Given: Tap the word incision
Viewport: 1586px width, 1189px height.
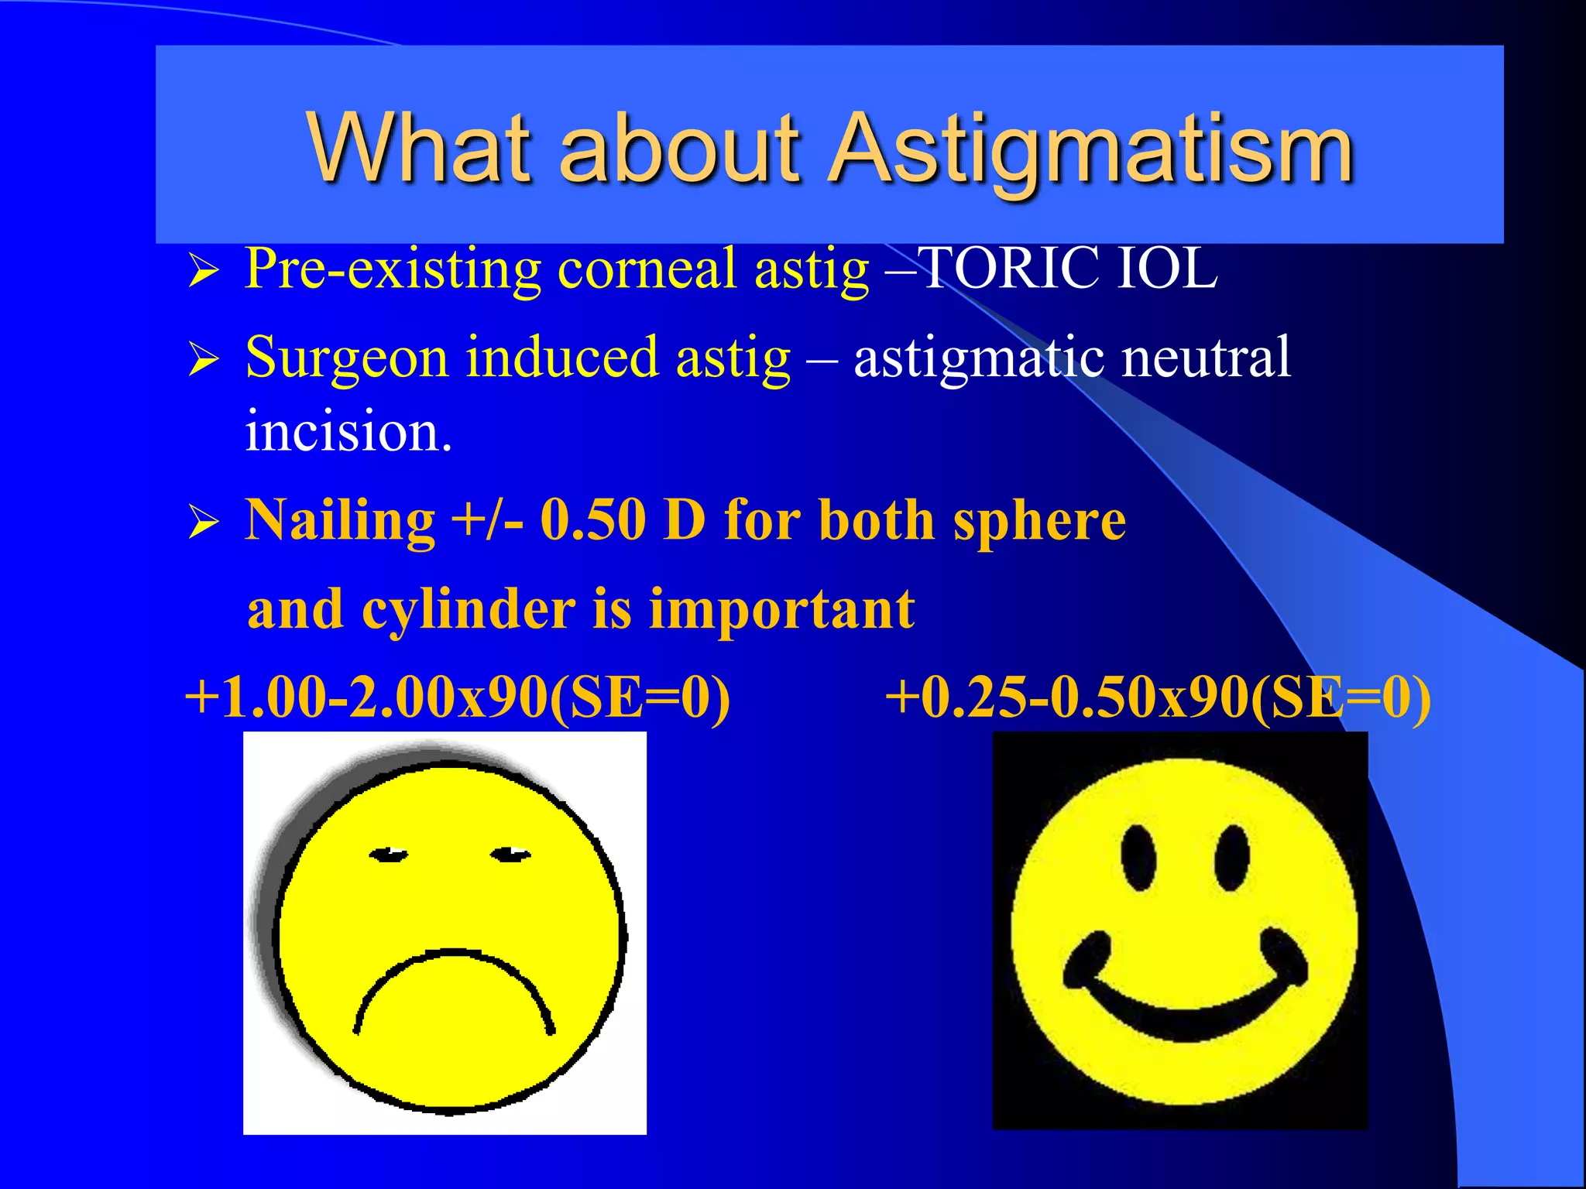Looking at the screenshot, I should (x=348, y=430).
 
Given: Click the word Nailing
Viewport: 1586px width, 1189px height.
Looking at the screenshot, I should (x=340, y=520).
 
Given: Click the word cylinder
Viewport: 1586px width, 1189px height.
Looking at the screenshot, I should (x=468, y=610).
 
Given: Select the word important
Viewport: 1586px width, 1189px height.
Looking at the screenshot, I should (x=781, y=610).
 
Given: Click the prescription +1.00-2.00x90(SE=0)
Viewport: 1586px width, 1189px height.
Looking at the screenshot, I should (x=458, y=697).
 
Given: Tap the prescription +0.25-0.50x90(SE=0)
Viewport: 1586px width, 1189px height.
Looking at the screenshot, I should (x=1157, y=697).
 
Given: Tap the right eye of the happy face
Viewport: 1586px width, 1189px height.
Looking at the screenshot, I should (x=1231, y=858).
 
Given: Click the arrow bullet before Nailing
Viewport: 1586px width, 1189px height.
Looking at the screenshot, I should (x=204, y=523).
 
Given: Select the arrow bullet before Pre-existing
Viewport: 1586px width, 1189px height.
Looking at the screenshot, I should (x=204, y=272).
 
